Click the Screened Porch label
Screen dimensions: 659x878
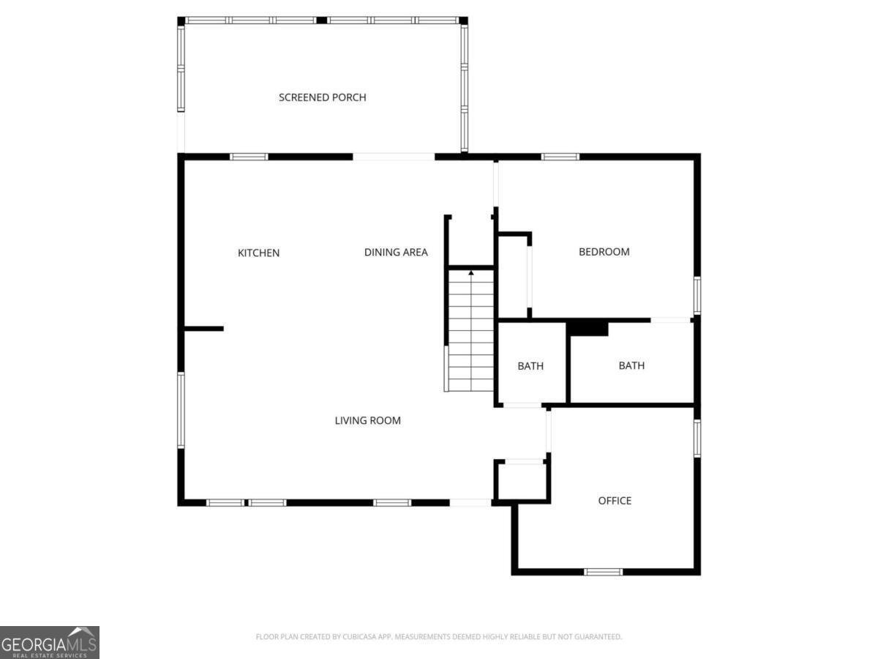[322, 97]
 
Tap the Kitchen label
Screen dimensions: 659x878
[258, 253]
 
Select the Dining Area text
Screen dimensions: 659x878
[396, 252]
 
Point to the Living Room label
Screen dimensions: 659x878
[367, 420]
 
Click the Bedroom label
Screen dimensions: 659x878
[604, 251]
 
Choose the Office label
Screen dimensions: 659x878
[615, 500]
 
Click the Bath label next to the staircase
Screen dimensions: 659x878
[530, 365]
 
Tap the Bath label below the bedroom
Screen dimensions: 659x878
[631, 365]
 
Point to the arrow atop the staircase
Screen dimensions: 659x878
[471, 273]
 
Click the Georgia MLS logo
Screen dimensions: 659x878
[49, 642]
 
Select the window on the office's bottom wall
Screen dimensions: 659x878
[604, 571]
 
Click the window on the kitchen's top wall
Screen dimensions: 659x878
[249, 156]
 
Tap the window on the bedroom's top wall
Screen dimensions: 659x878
[560, 156]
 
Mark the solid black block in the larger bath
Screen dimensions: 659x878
[588, 329]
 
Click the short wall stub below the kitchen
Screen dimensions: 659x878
[203, 329]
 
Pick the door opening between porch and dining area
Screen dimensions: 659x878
[394, 156]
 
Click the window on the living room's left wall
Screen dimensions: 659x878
[181, 410]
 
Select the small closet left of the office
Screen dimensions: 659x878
[522, 481]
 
